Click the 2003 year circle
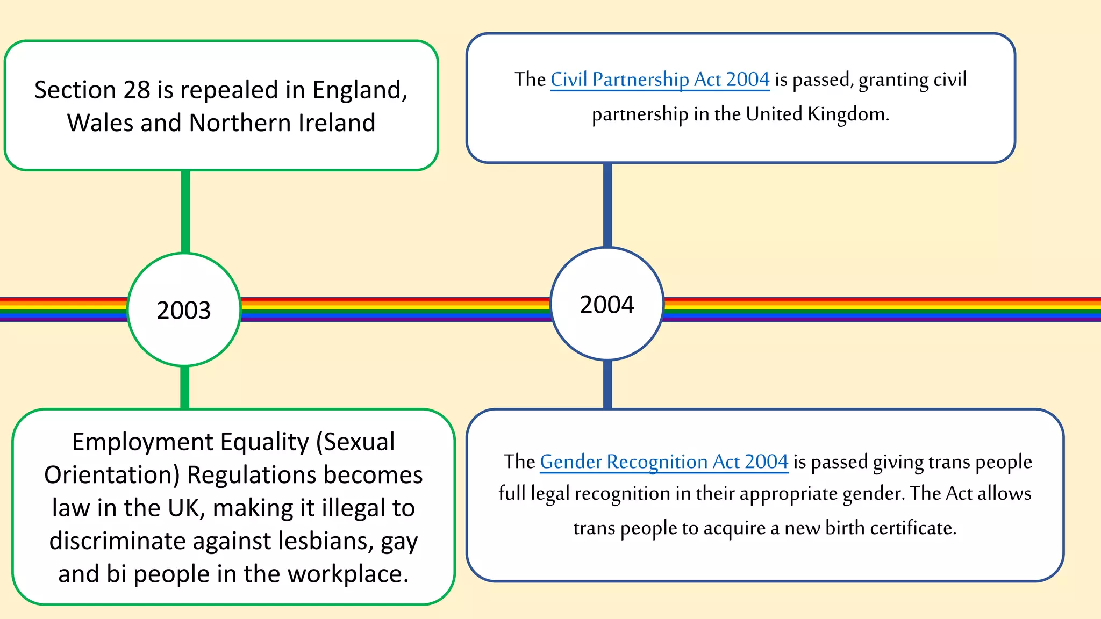[x=184, y=310]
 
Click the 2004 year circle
[x=607, y=304]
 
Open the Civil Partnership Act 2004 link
[x=660, y=80]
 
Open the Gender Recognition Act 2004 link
[x=664, y=462]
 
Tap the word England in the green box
[x=360, y=90]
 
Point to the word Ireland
[x=337, y=123]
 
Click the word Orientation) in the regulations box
[x=112, y=475]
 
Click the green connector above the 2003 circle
[x=185, y=212]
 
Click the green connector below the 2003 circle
[x=185, y=387]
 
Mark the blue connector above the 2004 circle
[x=607, y=205]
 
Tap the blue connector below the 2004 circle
[x=607, y=384]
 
